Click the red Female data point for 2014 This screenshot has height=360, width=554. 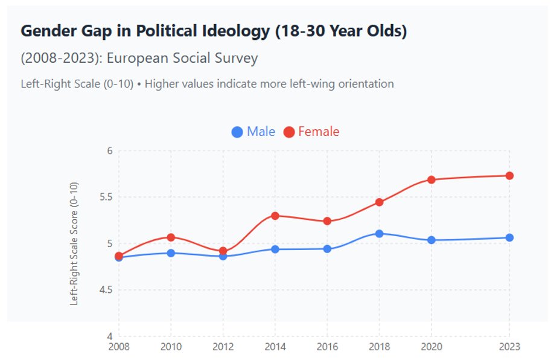click(x=275, y=216)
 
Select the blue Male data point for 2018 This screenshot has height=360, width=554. click(x=379, y=233)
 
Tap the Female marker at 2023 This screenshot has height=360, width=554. click(x=509, y=176)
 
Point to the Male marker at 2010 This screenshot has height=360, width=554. click(x=171, y=253)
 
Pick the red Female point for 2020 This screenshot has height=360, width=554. click(x=431, y=179)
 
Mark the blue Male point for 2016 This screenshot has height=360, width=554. click(x=327, y=249)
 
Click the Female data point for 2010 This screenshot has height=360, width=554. click(x=171, y=237)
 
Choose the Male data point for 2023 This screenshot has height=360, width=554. click(x=509, y=237)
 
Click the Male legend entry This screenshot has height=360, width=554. click(x=253, y=132)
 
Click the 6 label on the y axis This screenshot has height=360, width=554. click(x=110, y=151)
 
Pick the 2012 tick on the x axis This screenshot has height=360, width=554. click(x=223, y=347)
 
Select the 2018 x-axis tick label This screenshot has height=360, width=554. click(x=379, y=347)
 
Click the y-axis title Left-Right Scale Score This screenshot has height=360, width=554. click(x=74, y=243)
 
